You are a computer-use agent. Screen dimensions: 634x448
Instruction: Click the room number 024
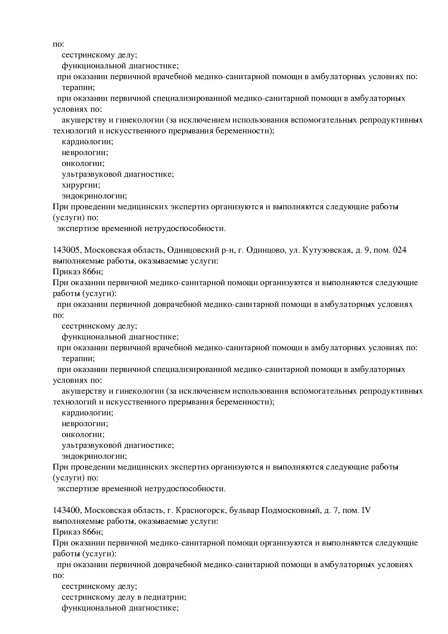[399, 250]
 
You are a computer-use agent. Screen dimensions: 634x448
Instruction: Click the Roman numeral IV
[366, 510]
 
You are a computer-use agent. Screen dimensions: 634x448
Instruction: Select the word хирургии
[81, 185]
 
